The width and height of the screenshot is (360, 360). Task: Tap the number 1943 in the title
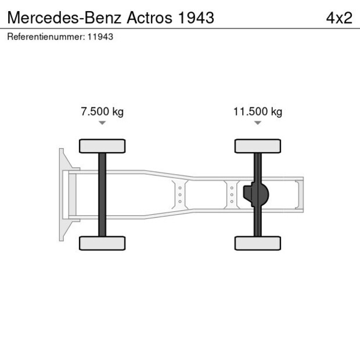coord(195,17)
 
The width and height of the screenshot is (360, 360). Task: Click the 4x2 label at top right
coord(339,17)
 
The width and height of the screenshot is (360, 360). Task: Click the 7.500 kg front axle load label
coord(102,111)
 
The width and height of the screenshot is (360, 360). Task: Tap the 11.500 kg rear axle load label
coord(257,111)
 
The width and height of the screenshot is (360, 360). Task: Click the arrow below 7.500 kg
coord(102,123)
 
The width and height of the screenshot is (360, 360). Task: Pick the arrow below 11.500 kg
coord(257,123)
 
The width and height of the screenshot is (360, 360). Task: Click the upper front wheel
coord(102,146)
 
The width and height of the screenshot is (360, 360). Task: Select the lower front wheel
coord(102,243)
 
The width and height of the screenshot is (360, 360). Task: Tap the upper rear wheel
coord(257,146)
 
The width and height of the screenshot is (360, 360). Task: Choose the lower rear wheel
coord(257,243)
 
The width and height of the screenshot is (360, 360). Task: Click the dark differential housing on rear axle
coord(257,195)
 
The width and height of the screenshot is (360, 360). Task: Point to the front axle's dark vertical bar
coord(102,195)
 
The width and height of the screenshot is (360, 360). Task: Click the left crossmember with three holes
coord(180,195)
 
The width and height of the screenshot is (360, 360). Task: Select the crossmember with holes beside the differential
coord(231,195)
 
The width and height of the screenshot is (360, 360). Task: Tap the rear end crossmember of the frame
coord(298,195)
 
